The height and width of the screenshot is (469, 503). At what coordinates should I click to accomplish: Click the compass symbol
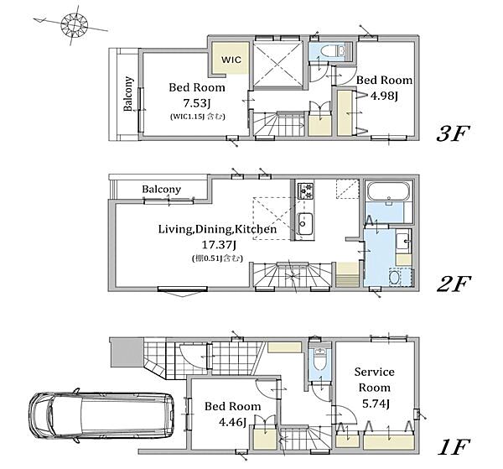pyautogui.click(x=75, y=24)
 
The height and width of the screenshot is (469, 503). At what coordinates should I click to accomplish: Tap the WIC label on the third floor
pyautogui.click(x=231, y=60)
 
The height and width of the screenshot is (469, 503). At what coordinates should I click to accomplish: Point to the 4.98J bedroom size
pyautogui.click(x=384, y=96)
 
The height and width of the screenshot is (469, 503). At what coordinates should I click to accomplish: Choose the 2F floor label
pyautogui.click(x=453, y=284)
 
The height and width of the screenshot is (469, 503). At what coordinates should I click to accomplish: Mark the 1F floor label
pyautogui.click(x=454, y=447)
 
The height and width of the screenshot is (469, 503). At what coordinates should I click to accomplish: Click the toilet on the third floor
pyautogui.click(x=333, y=50)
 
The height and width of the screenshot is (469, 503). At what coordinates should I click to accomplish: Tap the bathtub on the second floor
pyautogui.click(x=389, y=191)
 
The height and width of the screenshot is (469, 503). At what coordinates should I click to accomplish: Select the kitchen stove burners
pyautogui.click(x=305, y=190)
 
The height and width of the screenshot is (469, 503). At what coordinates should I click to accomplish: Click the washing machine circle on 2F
pyautogui.click(x=394, y=278)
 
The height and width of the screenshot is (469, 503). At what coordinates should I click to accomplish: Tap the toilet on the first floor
pyautogui.click(x=319, y=361)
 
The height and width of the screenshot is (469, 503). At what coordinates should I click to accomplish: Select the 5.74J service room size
pyautogui.click(x=376, y=404)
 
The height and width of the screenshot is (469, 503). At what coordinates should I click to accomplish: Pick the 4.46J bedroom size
pyautogui.click(x=232, y=422)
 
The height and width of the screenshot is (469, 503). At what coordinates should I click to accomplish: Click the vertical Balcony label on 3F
pyautogui.click(x=128, y=94)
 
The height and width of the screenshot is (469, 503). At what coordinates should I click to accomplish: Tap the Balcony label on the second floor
pyautogui.click(x=161, y=190)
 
